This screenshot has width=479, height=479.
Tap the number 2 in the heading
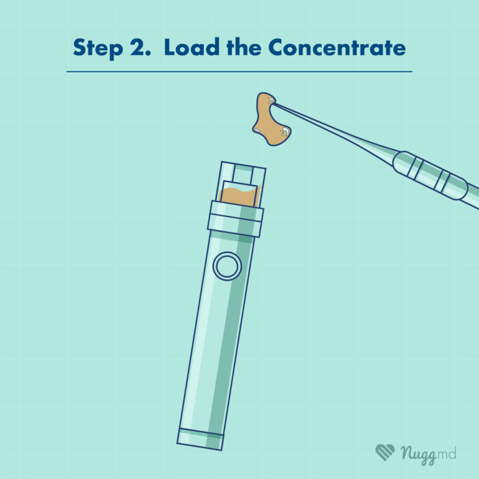click(x=140, y=47)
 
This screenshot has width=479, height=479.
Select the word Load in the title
click(x=191, y=47)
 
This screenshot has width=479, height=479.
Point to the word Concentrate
click(x=337, y=47)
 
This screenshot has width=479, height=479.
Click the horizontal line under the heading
click(x=239, y=72)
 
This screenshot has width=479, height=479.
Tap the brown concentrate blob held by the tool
click(x=271, y=119)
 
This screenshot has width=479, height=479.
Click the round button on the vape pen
click(x=227, y=266)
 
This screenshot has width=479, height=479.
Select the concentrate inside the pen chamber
click(x=239, y=197)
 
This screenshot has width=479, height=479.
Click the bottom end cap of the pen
click(x=200, y=439)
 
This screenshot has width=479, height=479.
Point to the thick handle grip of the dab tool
click(x=430, y=175)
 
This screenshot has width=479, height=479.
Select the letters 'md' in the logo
click(x=447, y=452)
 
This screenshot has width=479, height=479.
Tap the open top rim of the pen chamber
click(x=243, y=165)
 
